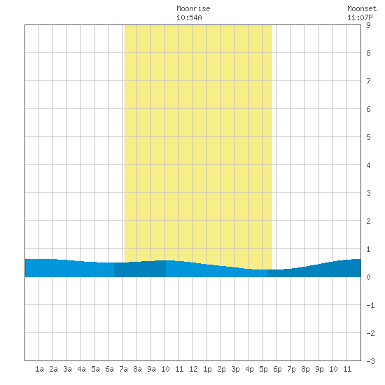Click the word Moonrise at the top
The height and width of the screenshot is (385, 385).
point(193,9)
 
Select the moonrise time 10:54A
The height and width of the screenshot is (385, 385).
point(189,17)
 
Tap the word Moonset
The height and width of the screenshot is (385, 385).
point(362,9)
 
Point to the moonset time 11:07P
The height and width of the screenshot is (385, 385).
point(360,17)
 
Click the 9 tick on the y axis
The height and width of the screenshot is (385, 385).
point(368,25)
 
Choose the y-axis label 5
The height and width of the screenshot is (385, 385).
point(368,137)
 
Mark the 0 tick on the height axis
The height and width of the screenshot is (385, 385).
point(368,277)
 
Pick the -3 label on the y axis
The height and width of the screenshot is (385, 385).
point(370,361)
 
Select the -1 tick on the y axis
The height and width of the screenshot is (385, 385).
point(370,305)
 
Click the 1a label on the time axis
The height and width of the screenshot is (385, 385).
point(39,369)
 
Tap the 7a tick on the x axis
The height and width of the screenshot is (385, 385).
point(123,369)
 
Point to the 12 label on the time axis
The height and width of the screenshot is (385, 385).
point(193,369)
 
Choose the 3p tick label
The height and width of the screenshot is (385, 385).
point(235,369)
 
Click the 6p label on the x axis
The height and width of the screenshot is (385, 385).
point(277,369)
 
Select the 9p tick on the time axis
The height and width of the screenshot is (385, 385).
point(319,369)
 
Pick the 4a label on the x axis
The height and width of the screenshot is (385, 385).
point(81,369)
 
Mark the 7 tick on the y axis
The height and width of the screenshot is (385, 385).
point(368,81)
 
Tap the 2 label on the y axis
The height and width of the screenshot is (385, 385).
point(368,221)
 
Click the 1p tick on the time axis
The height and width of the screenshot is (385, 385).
point(207,369)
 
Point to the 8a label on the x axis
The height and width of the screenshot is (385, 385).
point(137,369)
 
